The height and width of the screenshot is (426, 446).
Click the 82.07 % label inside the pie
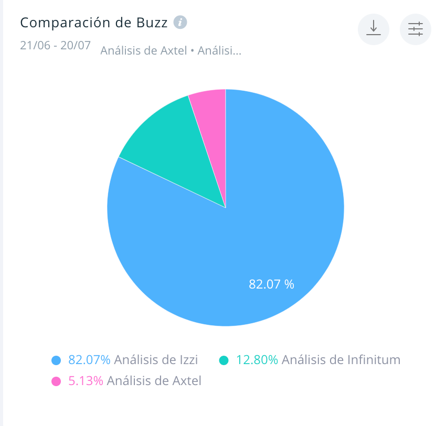click(x=271, y=284)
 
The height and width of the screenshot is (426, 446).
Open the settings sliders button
click(x=415, y=29)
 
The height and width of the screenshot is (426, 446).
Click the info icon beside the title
click(x=180, y=23)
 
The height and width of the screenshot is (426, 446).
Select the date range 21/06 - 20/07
click(x=55, y=45)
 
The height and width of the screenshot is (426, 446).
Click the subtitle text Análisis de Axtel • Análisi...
click(x=171, y=51)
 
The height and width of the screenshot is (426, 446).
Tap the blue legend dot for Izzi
click(x=56, y=360)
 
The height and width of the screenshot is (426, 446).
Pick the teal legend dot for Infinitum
click(x=224, y=360)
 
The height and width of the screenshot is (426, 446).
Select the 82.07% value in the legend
click(x=89, y=360)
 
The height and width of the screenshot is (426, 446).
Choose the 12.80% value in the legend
click(x=257, y=360)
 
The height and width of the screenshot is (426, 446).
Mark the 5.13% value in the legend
click(x=86, y=381)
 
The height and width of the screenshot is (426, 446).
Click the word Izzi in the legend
click(x=187, y=360)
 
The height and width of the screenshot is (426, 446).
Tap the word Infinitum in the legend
click(x=374, y=360)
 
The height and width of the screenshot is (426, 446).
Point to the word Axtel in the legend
click(x=187, y=381)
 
